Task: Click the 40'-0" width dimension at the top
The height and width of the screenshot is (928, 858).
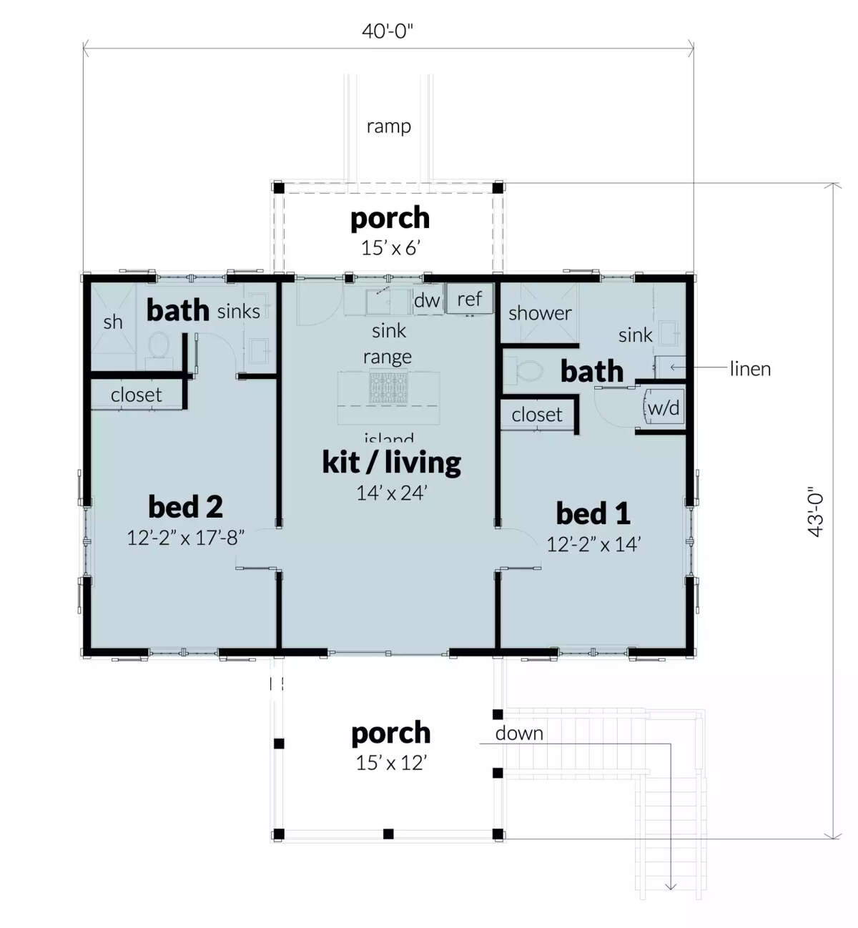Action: pyautogui.click(x=388, y=31)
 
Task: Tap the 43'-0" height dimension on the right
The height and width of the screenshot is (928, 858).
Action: pyautogui.click(x=817, y=513)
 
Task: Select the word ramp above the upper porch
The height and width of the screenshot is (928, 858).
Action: pyautogui.click(x=388, y=127)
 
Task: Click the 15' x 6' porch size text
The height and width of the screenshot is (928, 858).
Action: pyautogui.click(x=390, y=248)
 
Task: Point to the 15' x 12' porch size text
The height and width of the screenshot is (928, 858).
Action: pyautogui.click(x=390, y=763)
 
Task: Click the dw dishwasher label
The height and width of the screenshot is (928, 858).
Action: pyautogui.click(x=427, y=300)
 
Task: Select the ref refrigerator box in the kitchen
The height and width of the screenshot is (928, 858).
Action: pyautogui.click(x=470, y=299)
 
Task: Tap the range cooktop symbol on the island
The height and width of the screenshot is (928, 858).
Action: pyautogui.click(x=388, y=388)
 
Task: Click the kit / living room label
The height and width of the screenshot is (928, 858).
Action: pyautogui.click(x=391, y=463)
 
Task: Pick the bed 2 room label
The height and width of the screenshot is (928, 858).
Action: pyautogui.click(x=185, y=507)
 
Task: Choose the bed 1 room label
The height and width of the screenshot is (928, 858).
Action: pyautogui.click(x=593, y=513)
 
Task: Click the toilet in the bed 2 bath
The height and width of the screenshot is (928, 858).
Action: pyautogui.click(x=158, y=348)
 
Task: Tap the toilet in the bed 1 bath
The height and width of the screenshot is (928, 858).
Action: pyautogui.click(x=527, y=372)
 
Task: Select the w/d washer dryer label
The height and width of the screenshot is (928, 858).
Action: pyautogui.click(x=664, y=408)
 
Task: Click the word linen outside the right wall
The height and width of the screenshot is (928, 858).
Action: pyautogui.click(x=750, y=369)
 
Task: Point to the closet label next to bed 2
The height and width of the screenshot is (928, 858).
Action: pyautogui.click(x=136, y=395)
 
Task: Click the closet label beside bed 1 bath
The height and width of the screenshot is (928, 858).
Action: pyautogui.click(x=536, y=415)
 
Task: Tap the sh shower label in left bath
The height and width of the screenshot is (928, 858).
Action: pyautogui.click(x=113, y=322)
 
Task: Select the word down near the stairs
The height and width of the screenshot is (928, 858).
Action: pyautogui.click(x=519, y=734)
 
